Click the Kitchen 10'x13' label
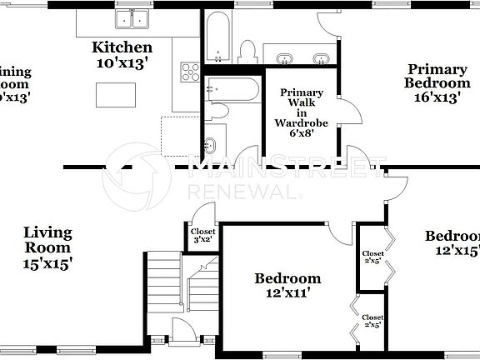click(x=122, y=54)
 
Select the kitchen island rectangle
click(x=116, y=96)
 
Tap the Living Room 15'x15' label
click(x=47, y=247)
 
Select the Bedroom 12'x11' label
click(x=287, y=285)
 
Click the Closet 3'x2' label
click(x=202, y=235)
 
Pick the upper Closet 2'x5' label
click(x=372, y=257)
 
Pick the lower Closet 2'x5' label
click(x=372, y=321)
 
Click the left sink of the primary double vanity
click(x=285, y=58)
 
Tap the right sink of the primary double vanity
click(x=321, y=58)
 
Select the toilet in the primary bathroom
click(x=247, y=51)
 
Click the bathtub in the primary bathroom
click(x=217, y=37)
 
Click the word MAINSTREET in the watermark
click(x=287, y=169)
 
